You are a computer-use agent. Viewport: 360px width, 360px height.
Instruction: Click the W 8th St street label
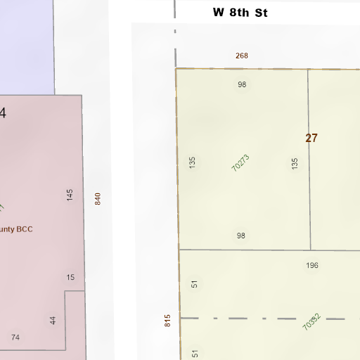[x=240, y=13]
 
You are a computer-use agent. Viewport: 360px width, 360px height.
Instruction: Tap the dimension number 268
[x=242, y=56]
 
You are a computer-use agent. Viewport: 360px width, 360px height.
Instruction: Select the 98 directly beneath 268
[x=242, y=84]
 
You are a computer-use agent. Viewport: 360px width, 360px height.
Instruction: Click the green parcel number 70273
[x=240, y=163]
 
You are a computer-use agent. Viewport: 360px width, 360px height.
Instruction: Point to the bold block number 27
[x=311, y=138]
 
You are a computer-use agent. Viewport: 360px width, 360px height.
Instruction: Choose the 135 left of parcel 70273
[x=192, y=162]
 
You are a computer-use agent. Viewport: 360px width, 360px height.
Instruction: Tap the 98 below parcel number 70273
[x=241, y=236]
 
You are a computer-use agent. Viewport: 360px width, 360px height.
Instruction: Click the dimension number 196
[x=312, y=265]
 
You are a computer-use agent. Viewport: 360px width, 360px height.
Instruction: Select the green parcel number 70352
[x=311, y=322]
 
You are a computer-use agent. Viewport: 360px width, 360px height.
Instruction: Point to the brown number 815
[x=168, y=321]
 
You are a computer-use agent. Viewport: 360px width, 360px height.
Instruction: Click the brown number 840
[x=98, y=199]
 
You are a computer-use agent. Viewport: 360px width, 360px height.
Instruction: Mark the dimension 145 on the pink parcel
[x=70, y=195]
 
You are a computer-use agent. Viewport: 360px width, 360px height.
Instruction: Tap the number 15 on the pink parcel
[x=70, y=277]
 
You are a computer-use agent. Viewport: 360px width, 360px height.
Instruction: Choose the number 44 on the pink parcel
[x=53, y=320]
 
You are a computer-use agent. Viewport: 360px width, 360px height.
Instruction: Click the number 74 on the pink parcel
[x=15, y=337]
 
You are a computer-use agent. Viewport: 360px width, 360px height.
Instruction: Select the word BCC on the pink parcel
[x=25, y=229]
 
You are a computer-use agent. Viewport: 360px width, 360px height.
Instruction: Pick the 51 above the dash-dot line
[x=195, y=284]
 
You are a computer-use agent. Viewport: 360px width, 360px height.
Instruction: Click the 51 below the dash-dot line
[x=195, y=354]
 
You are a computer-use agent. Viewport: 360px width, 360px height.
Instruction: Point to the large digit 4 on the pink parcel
[x=3, y=112]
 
